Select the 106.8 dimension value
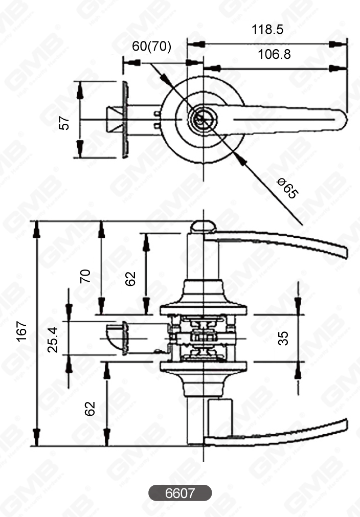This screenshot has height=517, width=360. (274, 54)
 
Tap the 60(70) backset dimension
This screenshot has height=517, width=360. (152, 47)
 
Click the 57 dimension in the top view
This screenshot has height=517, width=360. (64, 123)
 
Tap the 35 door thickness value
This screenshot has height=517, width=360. (283, 338)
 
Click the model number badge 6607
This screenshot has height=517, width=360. (180, 493)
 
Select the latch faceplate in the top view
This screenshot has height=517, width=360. (125, 119)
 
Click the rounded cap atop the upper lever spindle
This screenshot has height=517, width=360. (203, 227)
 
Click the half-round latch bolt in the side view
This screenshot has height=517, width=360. (116, 338)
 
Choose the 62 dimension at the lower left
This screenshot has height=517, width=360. (90, 408)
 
